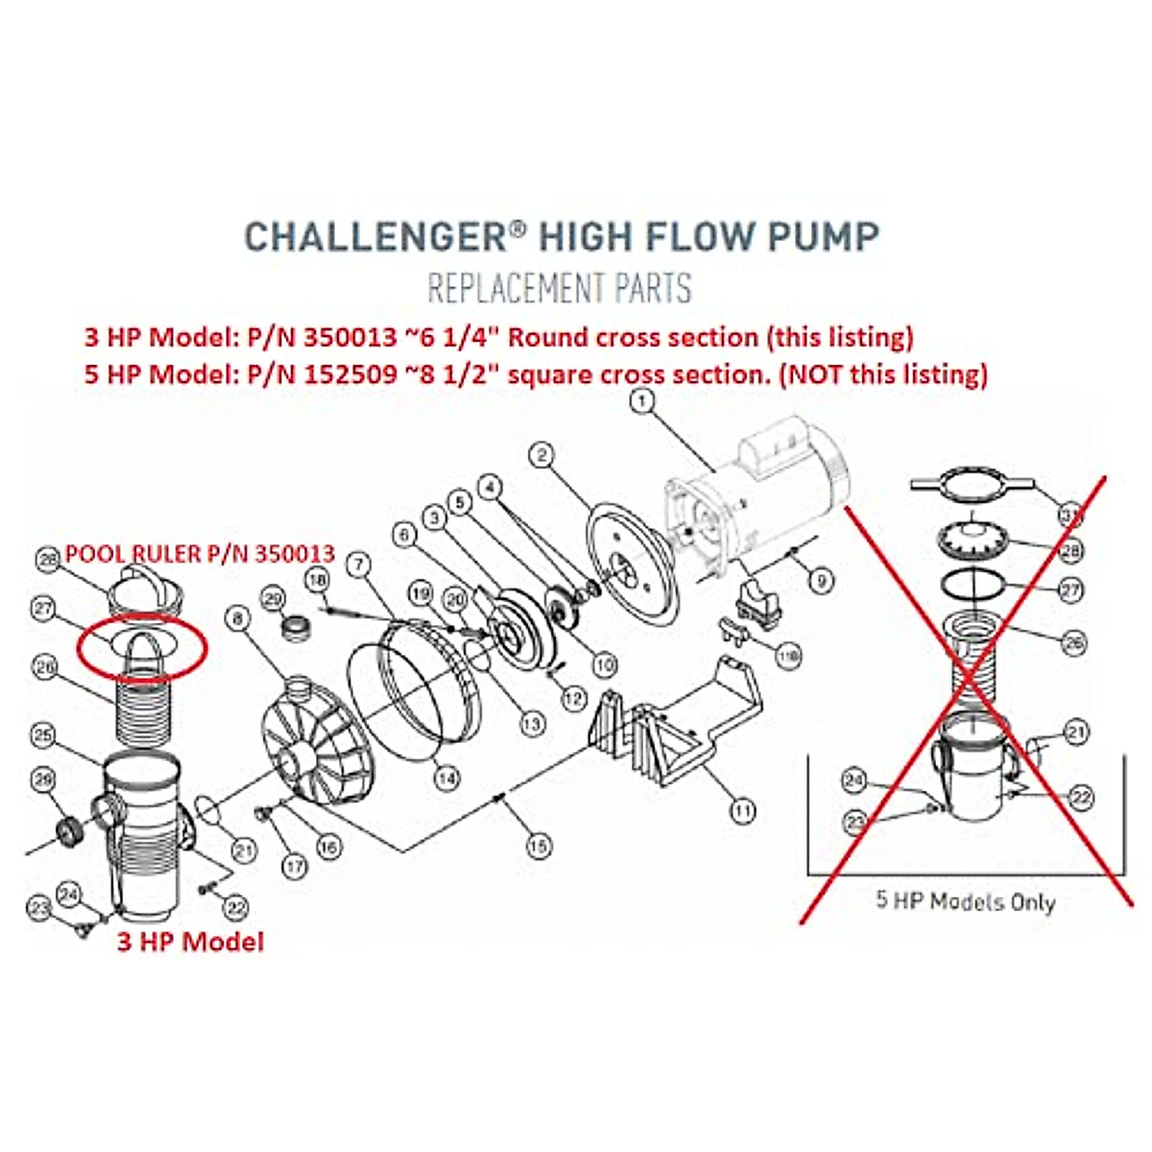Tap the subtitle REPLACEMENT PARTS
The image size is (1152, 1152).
pyautogui.click(x=560, y=287)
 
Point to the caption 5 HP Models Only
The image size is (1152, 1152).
pyautogui.click(x=965, y=901)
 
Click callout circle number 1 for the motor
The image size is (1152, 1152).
pyautogui.click(x=642, y=398)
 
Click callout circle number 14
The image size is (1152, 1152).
pyautogui.click(x=445, y=780)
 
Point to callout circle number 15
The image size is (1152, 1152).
pyautogui.click(x=539, y=846)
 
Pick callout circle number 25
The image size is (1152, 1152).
pyautogui.click(x=41, y=736)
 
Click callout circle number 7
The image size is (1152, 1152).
pyautogui.click(x=358, y=564)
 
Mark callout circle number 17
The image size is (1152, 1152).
pyautogui.click(x=295, y=865)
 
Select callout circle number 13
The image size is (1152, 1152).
pyautogui.click(x=531, y=724)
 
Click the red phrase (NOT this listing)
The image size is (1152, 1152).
pyautogui.click(x=883, y=373)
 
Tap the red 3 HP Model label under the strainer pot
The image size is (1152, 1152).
pyautogui.click(x=190, y=941)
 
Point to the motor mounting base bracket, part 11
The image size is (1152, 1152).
pyautogui.click(x=672, y=730)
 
